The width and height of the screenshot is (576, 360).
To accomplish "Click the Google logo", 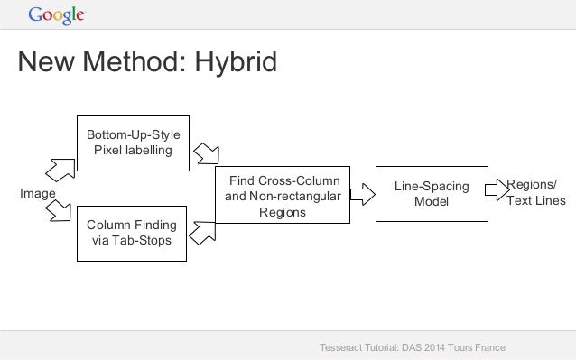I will click(56, 14).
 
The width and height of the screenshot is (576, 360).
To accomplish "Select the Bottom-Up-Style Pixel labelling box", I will click(133, 143).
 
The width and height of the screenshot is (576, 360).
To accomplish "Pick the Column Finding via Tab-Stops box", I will click(133, 233).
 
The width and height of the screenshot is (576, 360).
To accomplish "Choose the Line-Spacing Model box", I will click(431, 194).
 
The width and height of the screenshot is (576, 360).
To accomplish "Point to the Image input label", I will click(38, 193).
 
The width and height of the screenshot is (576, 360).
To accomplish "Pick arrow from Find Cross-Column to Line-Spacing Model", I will click(362, 192).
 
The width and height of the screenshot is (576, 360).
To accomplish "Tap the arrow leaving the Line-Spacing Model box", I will click(497, 189).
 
